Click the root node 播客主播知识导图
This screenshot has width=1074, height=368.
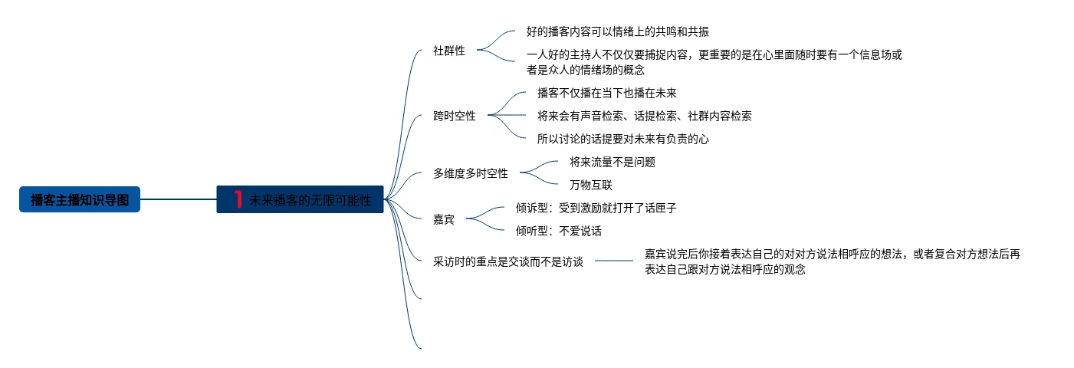(80, 199)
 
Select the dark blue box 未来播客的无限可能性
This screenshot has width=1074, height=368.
(301, 199)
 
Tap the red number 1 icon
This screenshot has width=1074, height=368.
(238, 199)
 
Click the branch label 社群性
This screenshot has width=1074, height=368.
(449, 51)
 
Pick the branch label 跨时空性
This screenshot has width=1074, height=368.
(455, 117)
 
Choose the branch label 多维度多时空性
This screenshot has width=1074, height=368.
(471, 173)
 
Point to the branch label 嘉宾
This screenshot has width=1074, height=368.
(444, 219)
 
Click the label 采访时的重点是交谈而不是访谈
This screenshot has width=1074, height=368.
(508, 261)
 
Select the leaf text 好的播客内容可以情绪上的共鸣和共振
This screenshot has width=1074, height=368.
(618, 32)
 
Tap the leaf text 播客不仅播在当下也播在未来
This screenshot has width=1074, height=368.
(607, 93)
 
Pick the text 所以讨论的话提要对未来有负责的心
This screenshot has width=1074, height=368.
(623, 139)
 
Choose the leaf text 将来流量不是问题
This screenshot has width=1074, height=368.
(613, 162)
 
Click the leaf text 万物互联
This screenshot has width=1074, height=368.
(591, 185)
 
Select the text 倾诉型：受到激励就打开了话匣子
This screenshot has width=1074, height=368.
(596, 208)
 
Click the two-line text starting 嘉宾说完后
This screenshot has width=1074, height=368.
(833, 261)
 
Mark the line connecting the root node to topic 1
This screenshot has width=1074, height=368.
(179, 199)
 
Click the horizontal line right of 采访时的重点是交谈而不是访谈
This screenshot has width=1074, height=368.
(614, 261)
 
